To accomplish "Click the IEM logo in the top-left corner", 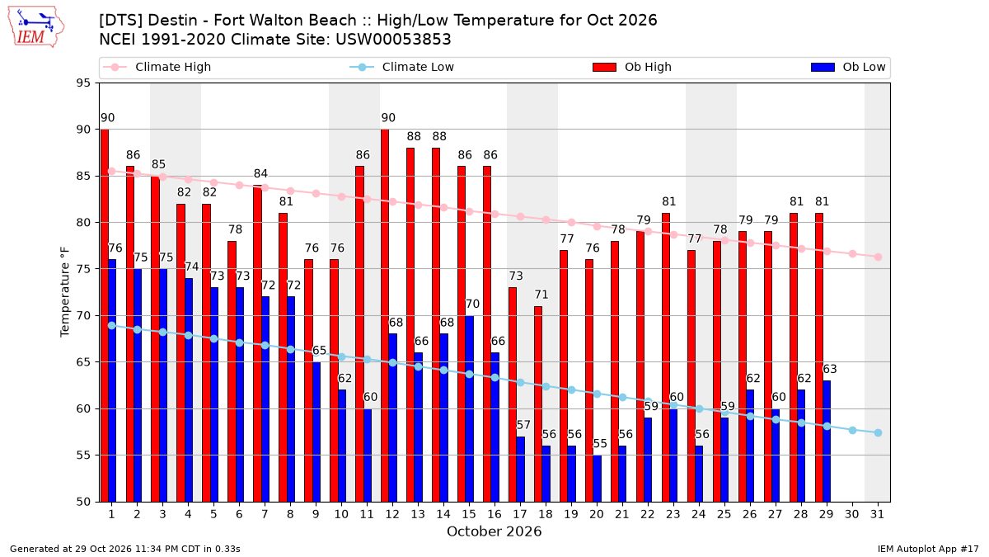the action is click(36, 27).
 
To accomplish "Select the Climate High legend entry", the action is click(157, 67).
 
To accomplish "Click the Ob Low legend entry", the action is click(848, 67).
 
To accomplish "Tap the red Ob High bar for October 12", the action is click(385, 315).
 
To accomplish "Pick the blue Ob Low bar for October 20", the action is click(597, 479).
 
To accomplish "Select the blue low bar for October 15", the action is click(469, 408).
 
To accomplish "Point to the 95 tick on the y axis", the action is click(83, 83).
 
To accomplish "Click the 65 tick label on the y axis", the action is click(83, 362).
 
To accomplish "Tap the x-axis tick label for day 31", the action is click(877, 514).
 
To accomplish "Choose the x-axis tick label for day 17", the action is click(520, 514).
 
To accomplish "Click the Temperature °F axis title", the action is click(65, 292).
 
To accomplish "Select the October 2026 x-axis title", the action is click(494, 531).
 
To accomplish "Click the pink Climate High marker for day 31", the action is click(878, 257).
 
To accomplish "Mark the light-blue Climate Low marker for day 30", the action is click(852, 430).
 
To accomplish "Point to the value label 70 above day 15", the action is click(472, 304).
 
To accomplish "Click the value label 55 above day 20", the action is click(600, 444).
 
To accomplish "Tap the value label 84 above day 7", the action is click(260, 174).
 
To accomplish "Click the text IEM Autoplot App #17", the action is click(928, 549).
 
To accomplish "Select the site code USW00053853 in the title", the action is click(393, 40).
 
